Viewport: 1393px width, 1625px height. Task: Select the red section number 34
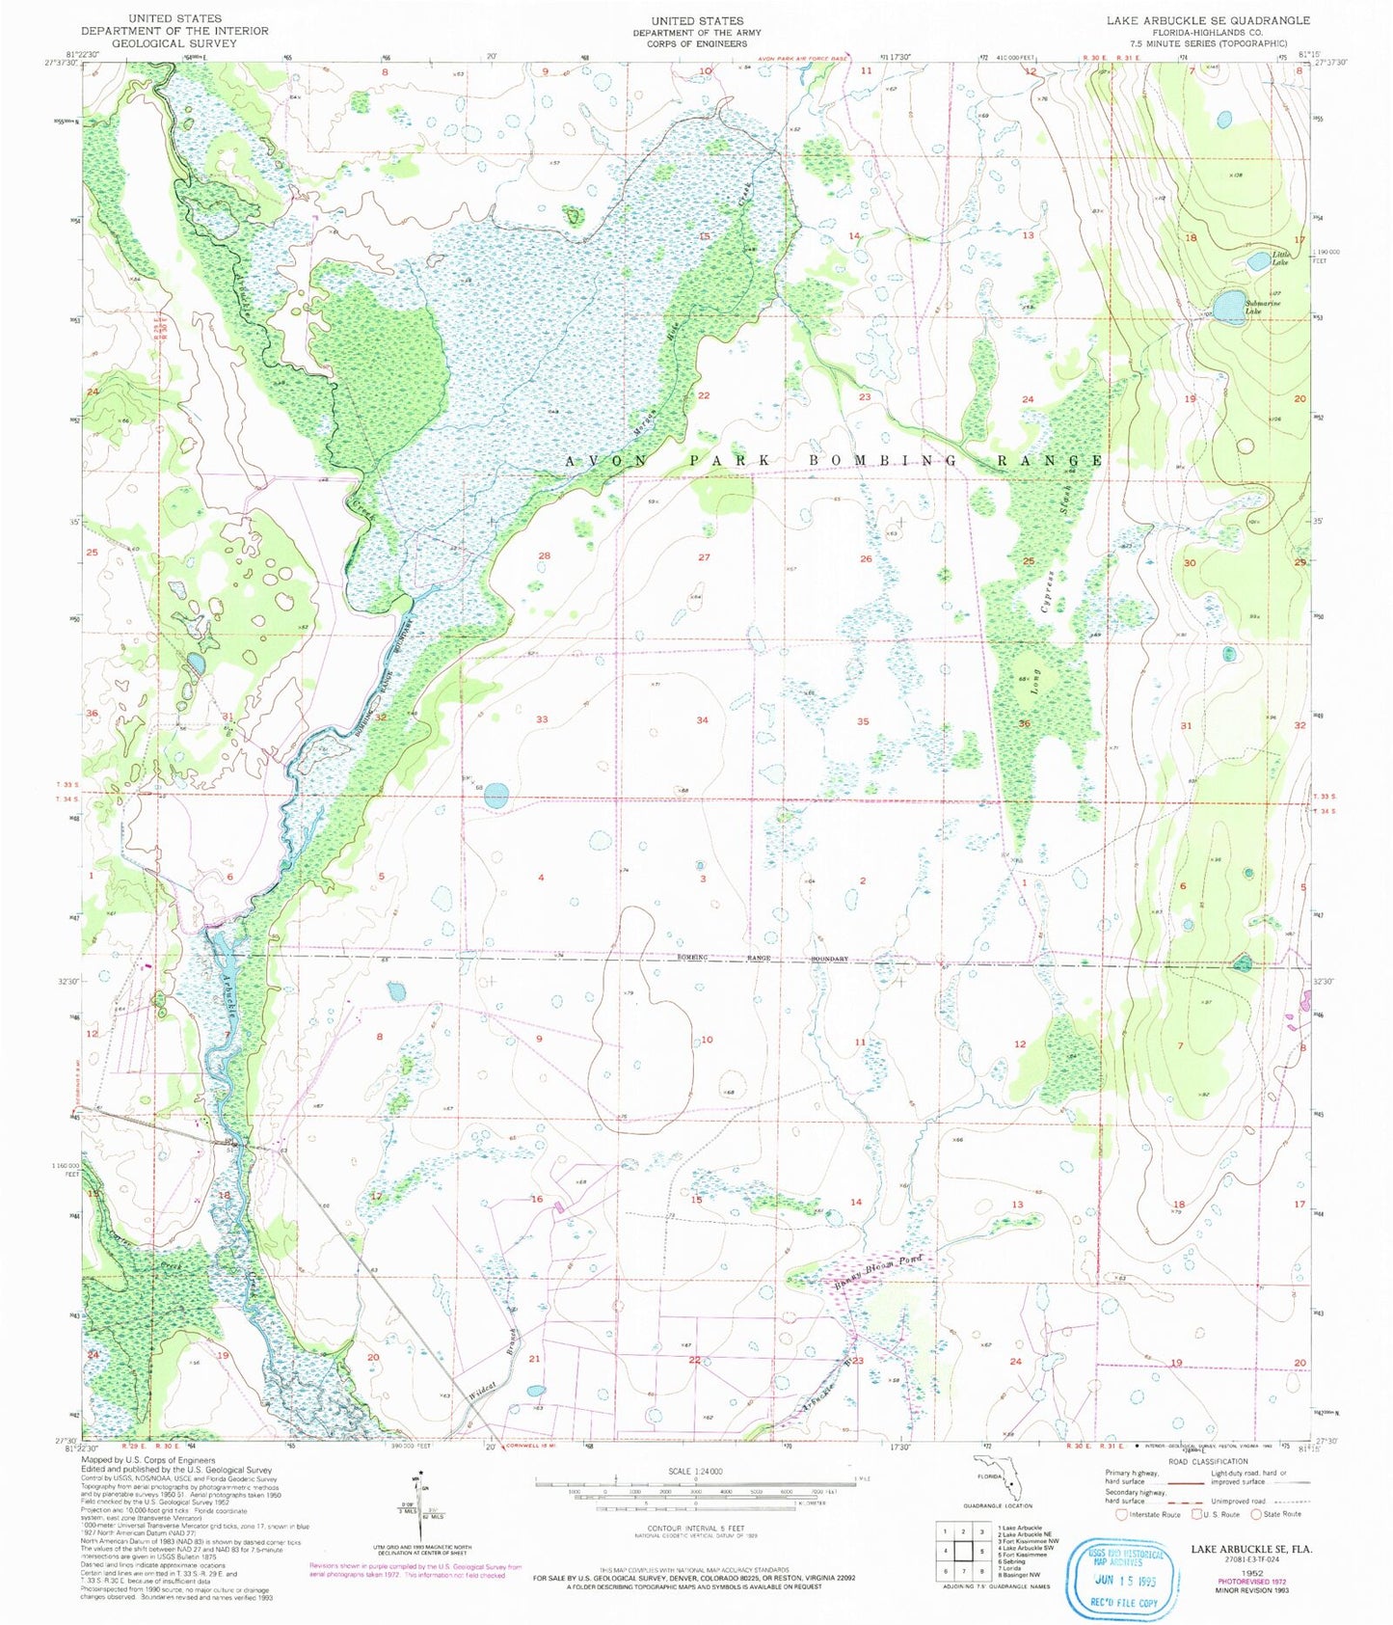(703, 720)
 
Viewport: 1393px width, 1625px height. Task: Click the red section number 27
(704, 557)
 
